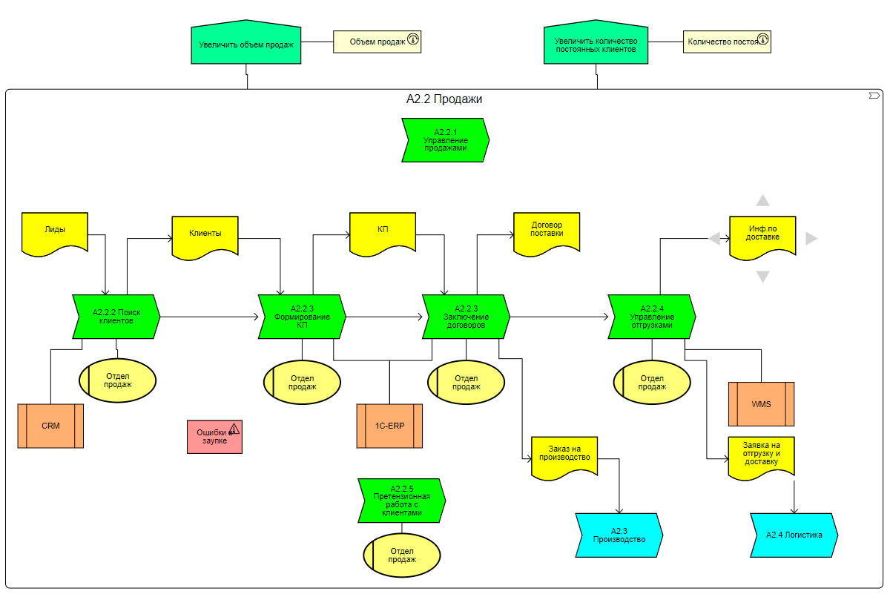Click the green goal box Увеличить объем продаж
point(246,44)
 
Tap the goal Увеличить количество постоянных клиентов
point(596,44)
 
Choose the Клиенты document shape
point(205,234)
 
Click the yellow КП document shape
point(383,231)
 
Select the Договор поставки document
point(547,231)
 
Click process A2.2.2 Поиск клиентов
point(117,317)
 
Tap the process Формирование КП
point(303,317)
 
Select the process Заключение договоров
point(466,317)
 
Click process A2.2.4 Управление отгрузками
point(652,317)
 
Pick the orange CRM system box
point(50,426)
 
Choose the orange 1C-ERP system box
point(389,426)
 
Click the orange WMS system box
point(761,404)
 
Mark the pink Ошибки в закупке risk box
point(214,437)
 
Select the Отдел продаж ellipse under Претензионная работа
point(402,555)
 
